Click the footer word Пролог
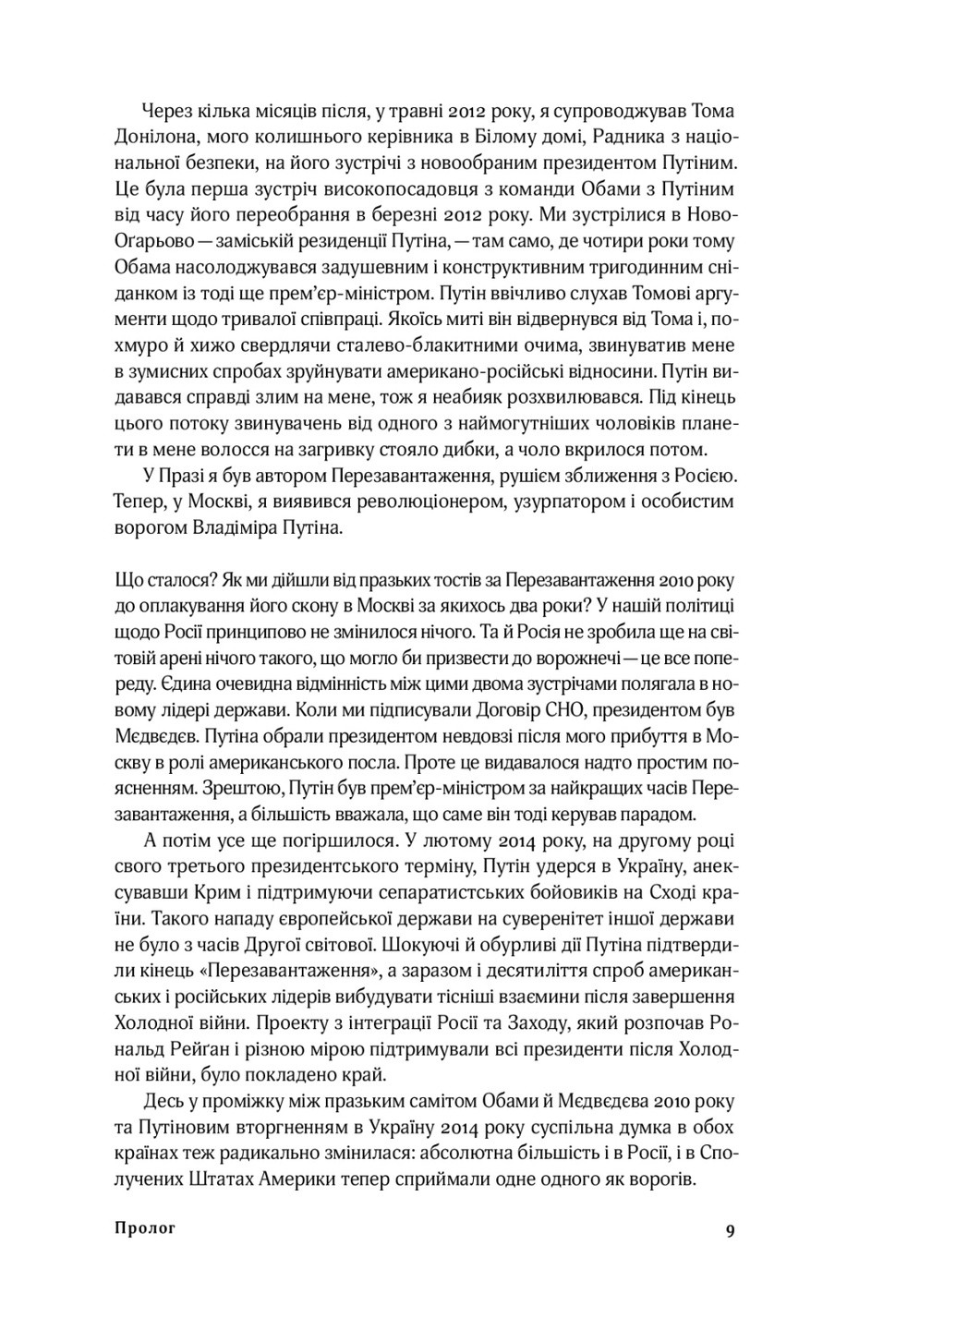click(x=145, y=1228)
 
